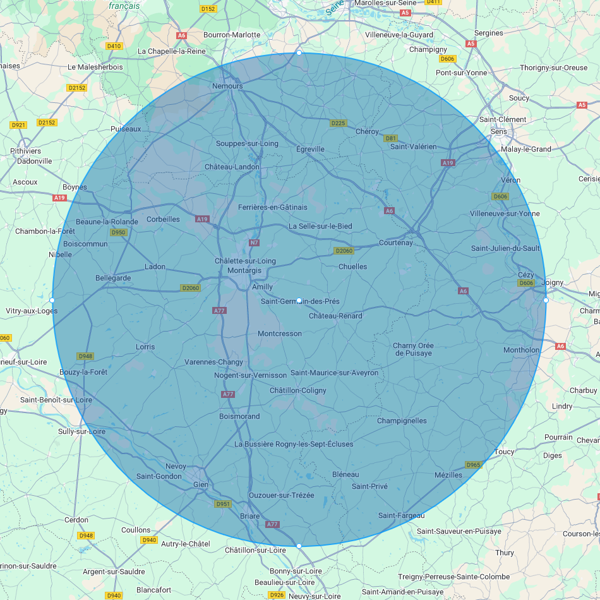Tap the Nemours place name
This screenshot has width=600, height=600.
tap(227, 86)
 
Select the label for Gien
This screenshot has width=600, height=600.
tap(201, 484)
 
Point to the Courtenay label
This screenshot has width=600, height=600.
tap(396, 243)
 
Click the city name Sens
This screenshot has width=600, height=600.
tap(499, 131)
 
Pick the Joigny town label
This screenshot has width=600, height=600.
tap(553, 282)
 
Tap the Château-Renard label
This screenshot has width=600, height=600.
tap(335, 316)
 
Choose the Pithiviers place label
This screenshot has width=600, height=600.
tap(26, 151)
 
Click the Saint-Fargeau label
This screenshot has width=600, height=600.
tap(402, 516)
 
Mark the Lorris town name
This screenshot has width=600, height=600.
tap(145, 347)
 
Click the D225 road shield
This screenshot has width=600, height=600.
tap(339, 123)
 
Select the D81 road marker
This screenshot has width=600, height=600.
tap(391, 138)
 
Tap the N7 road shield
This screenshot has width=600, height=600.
tap(255, 243)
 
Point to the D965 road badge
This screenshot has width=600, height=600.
tap(473, 465)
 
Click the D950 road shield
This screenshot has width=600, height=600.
tap(118, 232)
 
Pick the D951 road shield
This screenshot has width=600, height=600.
tap(223, 504)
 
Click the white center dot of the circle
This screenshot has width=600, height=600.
tap(299, 300)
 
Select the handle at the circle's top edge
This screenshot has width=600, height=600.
tap(299, 54)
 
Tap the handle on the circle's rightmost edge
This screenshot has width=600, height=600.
tap(546, 300)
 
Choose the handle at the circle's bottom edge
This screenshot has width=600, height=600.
tap(299, 546)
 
